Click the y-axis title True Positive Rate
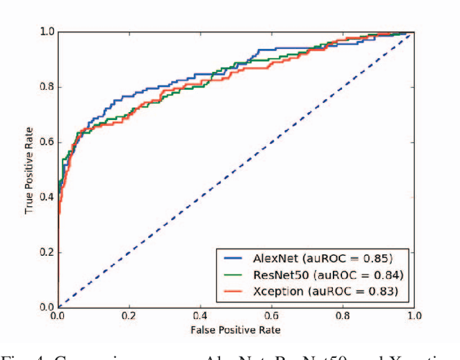pyautogui.click(x=29, y=170)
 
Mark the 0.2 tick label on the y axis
pyautogui.click(x=47, y=252)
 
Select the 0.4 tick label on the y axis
pyautogui.click(x=47, y=197)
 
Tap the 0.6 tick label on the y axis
pyautogui.click(x=47, y=142)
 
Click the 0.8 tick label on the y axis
pyautogui.click(x=47, y=87)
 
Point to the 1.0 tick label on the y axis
pyautogui.click(x=47, y=32)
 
